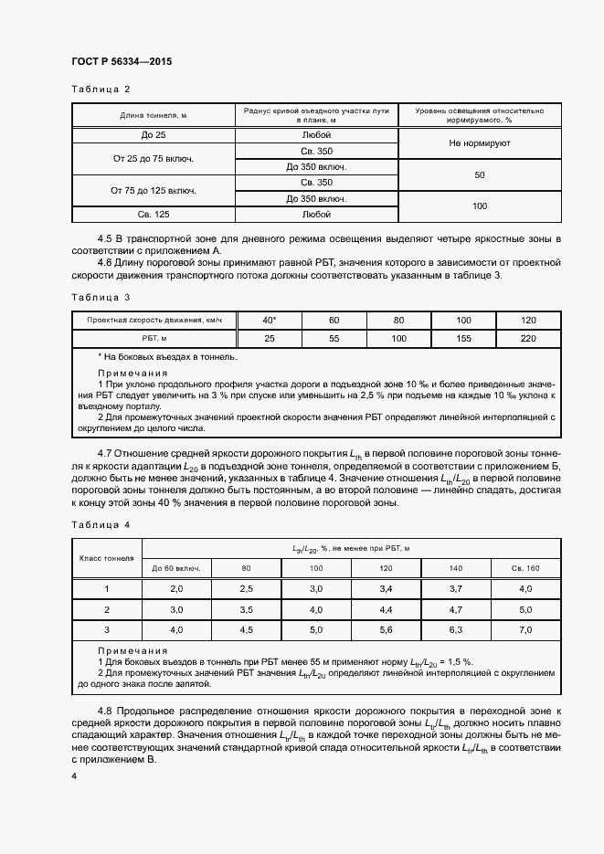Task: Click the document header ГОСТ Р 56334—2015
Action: click(x=121, y=62)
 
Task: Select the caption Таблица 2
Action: click(x=101, y=89)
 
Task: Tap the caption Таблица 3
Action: click(x=101, y=297)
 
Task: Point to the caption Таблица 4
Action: click(x=101, y=525)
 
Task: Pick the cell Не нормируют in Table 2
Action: click(x=479, y=143)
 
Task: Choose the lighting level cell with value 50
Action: click(x=479, y=174)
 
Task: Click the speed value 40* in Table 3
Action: click(x=269, y=320)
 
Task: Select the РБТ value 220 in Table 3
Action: click(x=528, y=338)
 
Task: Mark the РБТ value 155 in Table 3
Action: click(x=463, y=338)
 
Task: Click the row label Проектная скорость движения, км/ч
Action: click(x=154, y=320)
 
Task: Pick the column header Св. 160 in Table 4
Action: click(x=525, y=568)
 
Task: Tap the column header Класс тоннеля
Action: click(x=106, y=557)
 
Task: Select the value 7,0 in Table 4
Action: click(x=525, y=630)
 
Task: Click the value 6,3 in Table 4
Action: click(x=457, y=630)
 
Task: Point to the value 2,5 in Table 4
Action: click(x=246, y=589)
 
